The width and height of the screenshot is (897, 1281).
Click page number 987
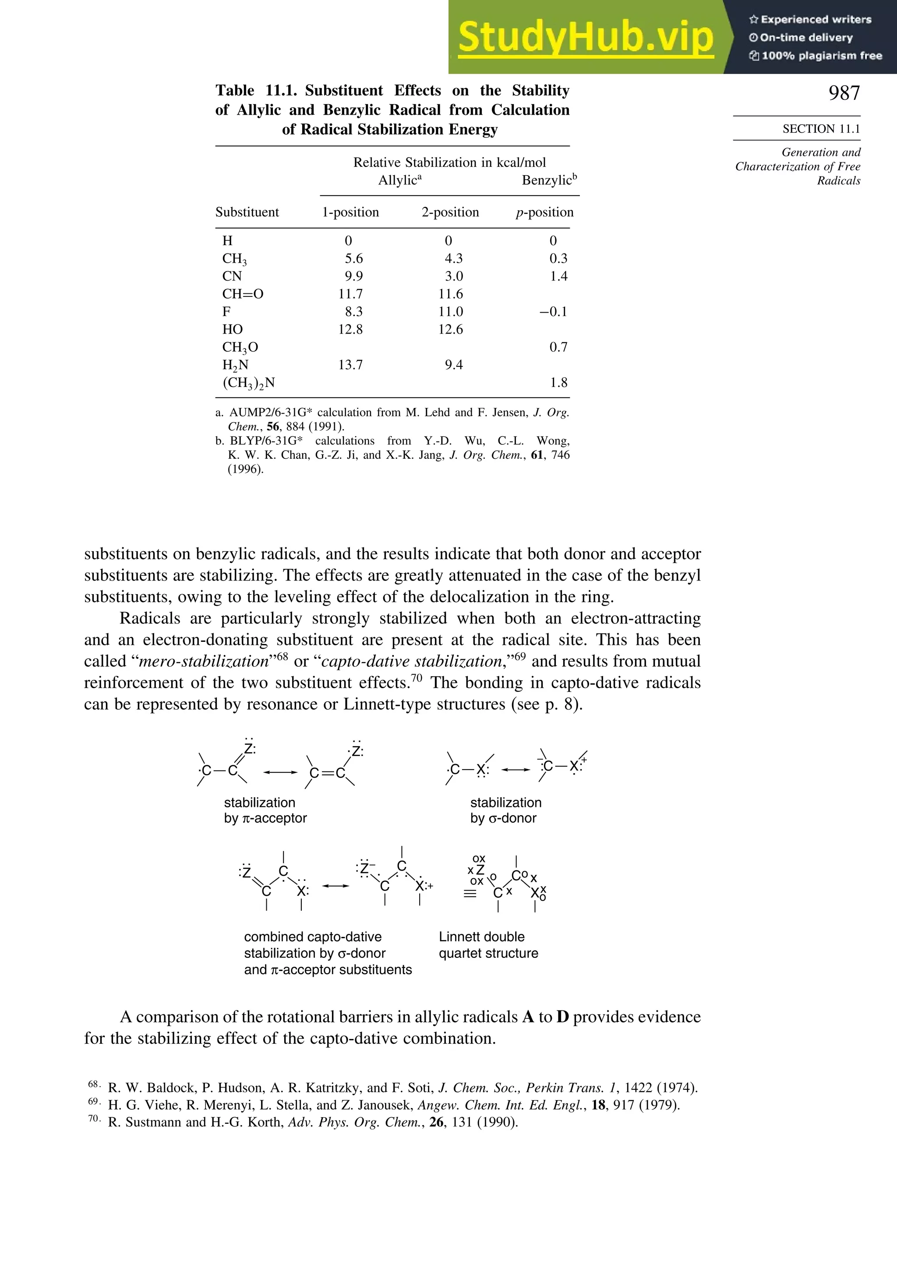pyautogui.click(x=844, y=93)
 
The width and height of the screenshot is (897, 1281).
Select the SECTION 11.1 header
pyautogui.click(x=820, y=129)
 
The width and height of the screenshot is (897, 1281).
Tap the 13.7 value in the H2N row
pyautogui.click(x=350, y=365)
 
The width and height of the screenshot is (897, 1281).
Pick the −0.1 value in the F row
pyautogui.click(x=553, y=312)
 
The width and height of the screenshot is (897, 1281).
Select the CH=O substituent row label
pyautogui.click(x=242, y=294)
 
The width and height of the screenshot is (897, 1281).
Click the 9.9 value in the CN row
pyautogui.click(x=353, y=276)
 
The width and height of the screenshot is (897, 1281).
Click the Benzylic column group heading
pyautogui.click(x=549, y=180)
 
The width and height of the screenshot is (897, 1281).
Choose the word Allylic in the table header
pyautogui.click(x=398, y=180)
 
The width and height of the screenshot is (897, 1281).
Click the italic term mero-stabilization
pyautogui.click(x=204, y=662)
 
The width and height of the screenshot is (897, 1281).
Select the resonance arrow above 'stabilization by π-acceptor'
pyautogui.click(x=280, y=772)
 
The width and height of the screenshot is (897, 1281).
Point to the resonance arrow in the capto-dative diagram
pyautogui.click(x=335, y=886)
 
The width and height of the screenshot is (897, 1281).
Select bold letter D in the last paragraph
pyautogui.click(x=563, y=1017)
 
